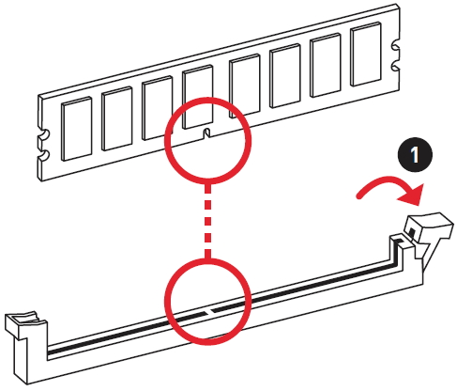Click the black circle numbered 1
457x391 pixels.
tap(415, 154)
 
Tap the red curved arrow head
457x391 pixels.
tap(411, 195)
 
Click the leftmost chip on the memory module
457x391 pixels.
tap(77, 129)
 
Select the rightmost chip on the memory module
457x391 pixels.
tap(366, 55)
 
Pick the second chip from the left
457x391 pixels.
tap(117, 118)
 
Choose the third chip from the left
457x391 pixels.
tap(158, 108)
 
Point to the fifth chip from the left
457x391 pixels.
tap(245, 86)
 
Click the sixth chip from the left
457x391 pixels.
tap(285, 76)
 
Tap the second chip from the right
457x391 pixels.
tap(326, 65)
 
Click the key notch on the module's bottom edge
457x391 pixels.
tap(206, 133)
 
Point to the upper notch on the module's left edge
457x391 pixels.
tap(44, 135)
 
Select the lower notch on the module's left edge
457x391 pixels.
tap(44, 155)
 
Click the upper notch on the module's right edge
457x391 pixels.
tap(396, 48)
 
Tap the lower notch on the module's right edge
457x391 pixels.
tap(396, 67)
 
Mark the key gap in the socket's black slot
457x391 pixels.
tap(209, 311)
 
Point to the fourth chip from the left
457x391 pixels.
tap(198, 97)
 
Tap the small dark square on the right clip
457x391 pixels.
tap(412, 232)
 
